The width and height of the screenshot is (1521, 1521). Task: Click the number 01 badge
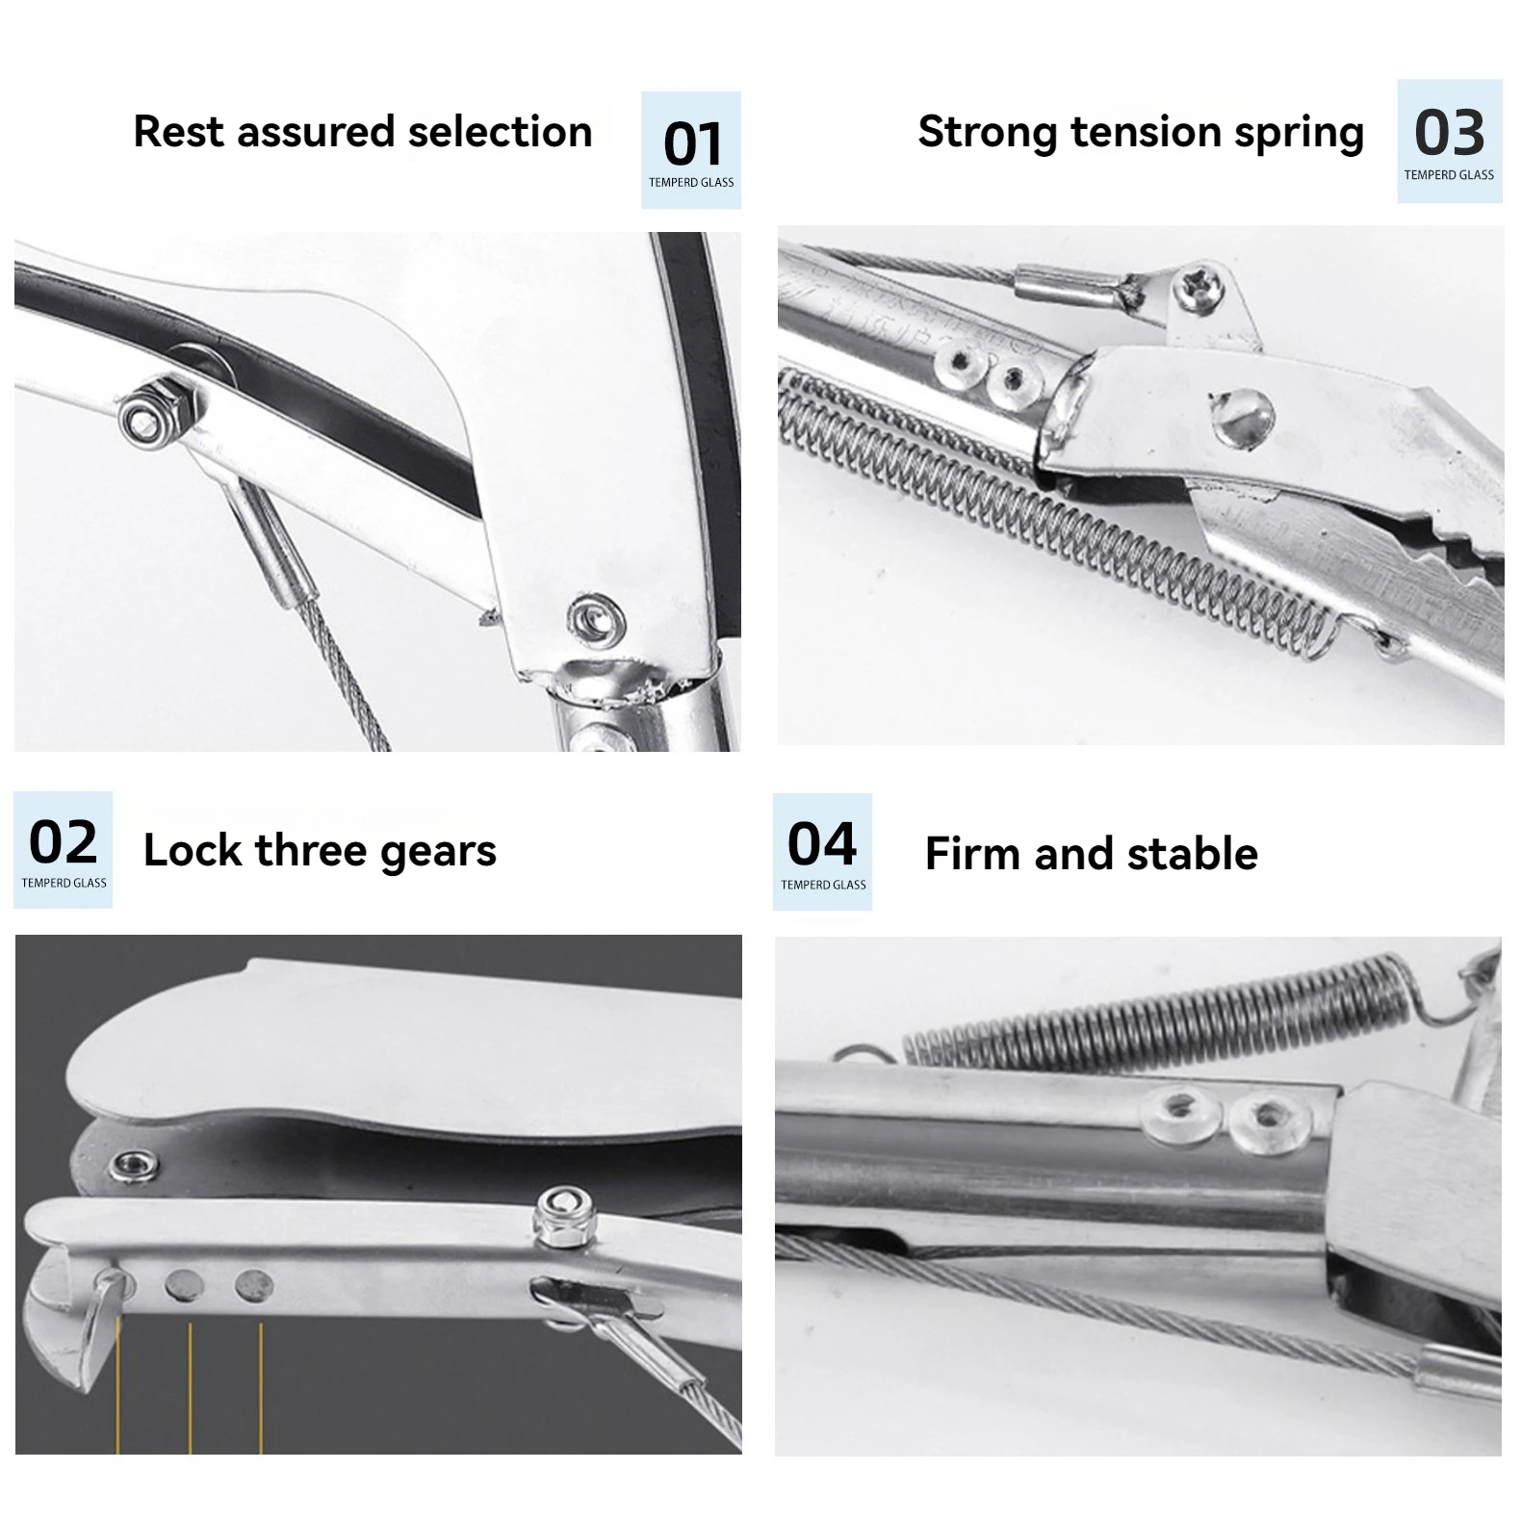click(691, 150)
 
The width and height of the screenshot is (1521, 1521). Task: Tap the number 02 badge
click(64, 850)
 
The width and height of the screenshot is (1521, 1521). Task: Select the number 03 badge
click(1449, 142)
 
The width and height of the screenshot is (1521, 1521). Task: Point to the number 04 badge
click(822, 852)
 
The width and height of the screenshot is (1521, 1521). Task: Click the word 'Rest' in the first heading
click(181, 132)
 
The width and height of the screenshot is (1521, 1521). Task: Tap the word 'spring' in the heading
click(1299, 134)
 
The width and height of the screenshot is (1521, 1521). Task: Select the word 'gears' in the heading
click(438, 852)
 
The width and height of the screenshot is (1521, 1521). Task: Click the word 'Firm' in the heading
click(972, 854)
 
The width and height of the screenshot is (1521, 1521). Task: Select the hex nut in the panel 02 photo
click(560, 1214)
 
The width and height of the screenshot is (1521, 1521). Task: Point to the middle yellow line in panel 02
click(190, 1386)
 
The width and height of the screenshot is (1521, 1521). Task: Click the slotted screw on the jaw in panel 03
click(1244, 417)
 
